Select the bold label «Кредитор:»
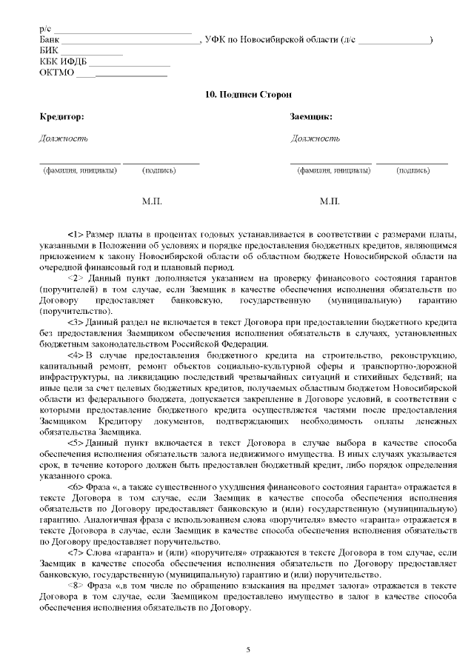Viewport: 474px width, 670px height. pyautogui.click(x=61, y=117)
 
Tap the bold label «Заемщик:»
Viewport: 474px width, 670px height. pyautogui.click(x=311, y=117)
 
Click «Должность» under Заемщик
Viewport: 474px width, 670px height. pyautogui.click(x=316, y=138)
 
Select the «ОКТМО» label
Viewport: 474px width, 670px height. pyautogui.click(x=57, y=72)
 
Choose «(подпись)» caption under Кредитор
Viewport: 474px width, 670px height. pyautogui.click(x=158, y=170)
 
